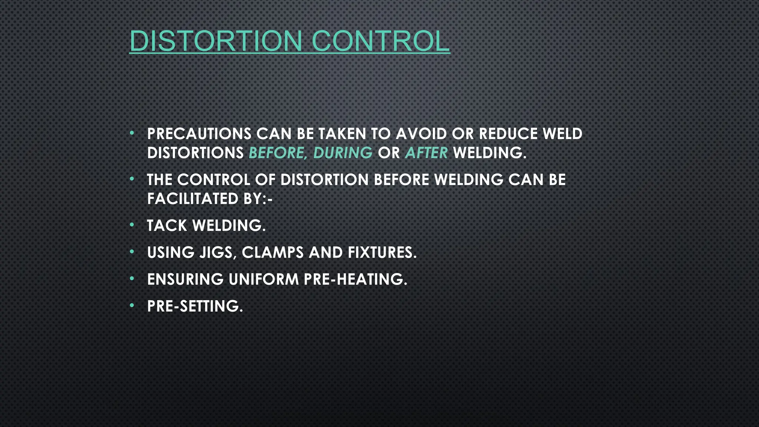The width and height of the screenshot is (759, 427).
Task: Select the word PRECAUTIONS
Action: (x=199, y=134)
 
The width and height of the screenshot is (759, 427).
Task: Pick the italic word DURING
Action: (x=343, y=153)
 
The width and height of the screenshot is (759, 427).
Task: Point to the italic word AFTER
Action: (x=427, y=153)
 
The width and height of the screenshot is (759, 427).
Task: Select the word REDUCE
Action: (x=508, y=134)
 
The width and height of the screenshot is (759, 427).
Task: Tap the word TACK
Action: (x=167, y=226)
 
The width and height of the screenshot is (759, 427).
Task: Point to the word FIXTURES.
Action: (x=382, y=253)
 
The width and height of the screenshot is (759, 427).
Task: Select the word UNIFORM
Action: (x=264, y=279)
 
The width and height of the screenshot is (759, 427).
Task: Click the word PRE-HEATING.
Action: (x=355, y=279)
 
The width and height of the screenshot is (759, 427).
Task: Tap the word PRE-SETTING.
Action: (x=195, y=307)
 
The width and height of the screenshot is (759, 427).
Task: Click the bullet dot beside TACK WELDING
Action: (x=132, y=225)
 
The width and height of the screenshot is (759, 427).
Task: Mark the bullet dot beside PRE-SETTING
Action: (x=132, y=306)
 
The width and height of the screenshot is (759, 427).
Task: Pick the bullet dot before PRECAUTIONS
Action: (x=132, y=133)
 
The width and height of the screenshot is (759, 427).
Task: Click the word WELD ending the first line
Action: (x=563, y=134)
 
